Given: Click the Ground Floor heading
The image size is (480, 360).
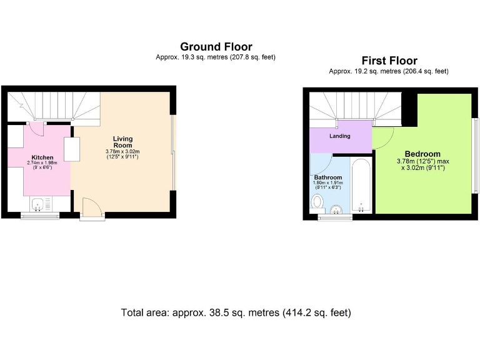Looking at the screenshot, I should [x=216, y=47].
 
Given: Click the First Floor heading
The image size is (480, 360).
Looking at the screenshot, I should [x=389, y=61].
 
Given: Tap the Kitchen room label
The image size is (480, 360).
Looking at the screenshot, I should [x=43, y=157].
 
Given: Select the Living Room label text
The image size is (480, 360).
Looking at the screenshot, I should [x=122, y=142].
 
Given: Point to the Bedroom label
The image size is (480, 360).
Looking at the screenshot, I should [x=422, y=154].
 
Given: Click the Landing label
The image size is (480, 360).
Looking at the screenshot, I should [x=340, y=136].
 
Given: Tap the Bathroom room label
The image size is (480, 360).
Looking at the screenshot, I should [x=328, y=177].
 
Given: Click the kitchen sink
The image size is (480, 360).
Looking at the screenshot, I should [x=39, y=204].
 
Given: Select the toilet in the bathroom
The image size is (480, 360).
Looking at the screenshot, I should [x=317, y=201].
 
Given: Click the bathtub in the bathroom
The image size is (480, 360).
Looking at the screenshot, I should [x=361, y=186].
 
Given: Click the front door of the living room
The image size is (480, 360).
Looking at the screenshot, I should [x=91, y=207].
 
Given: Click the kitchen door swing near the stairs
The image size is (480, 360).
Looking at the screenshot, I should [x=36, y=129].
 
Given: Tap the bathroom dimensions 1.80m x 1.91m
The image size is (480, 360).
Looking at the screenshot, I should [x=328, y=185].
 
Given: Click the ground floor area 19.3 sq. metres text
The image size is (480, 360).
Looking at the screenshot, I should [x=216, y=57].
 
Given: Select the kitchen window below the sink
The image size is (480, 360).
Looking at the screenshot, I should [x=40, y=216].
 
